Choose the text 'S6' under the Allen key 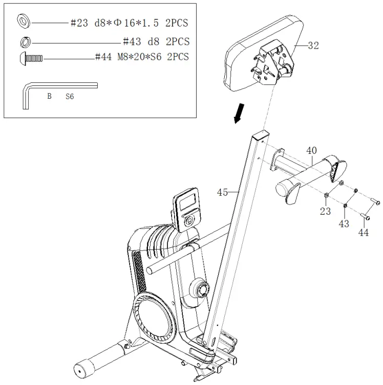point(70,96)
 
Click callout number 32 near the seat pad point(313,46)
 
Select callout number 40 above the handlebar point(311,151)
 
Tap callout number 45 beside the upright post point(222,192)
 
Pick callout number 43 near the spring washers point(344,223)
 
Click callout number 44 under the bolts point(363,233)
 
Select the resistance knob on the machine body point(199,290)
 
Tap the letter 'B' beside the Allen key point(49,96)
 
